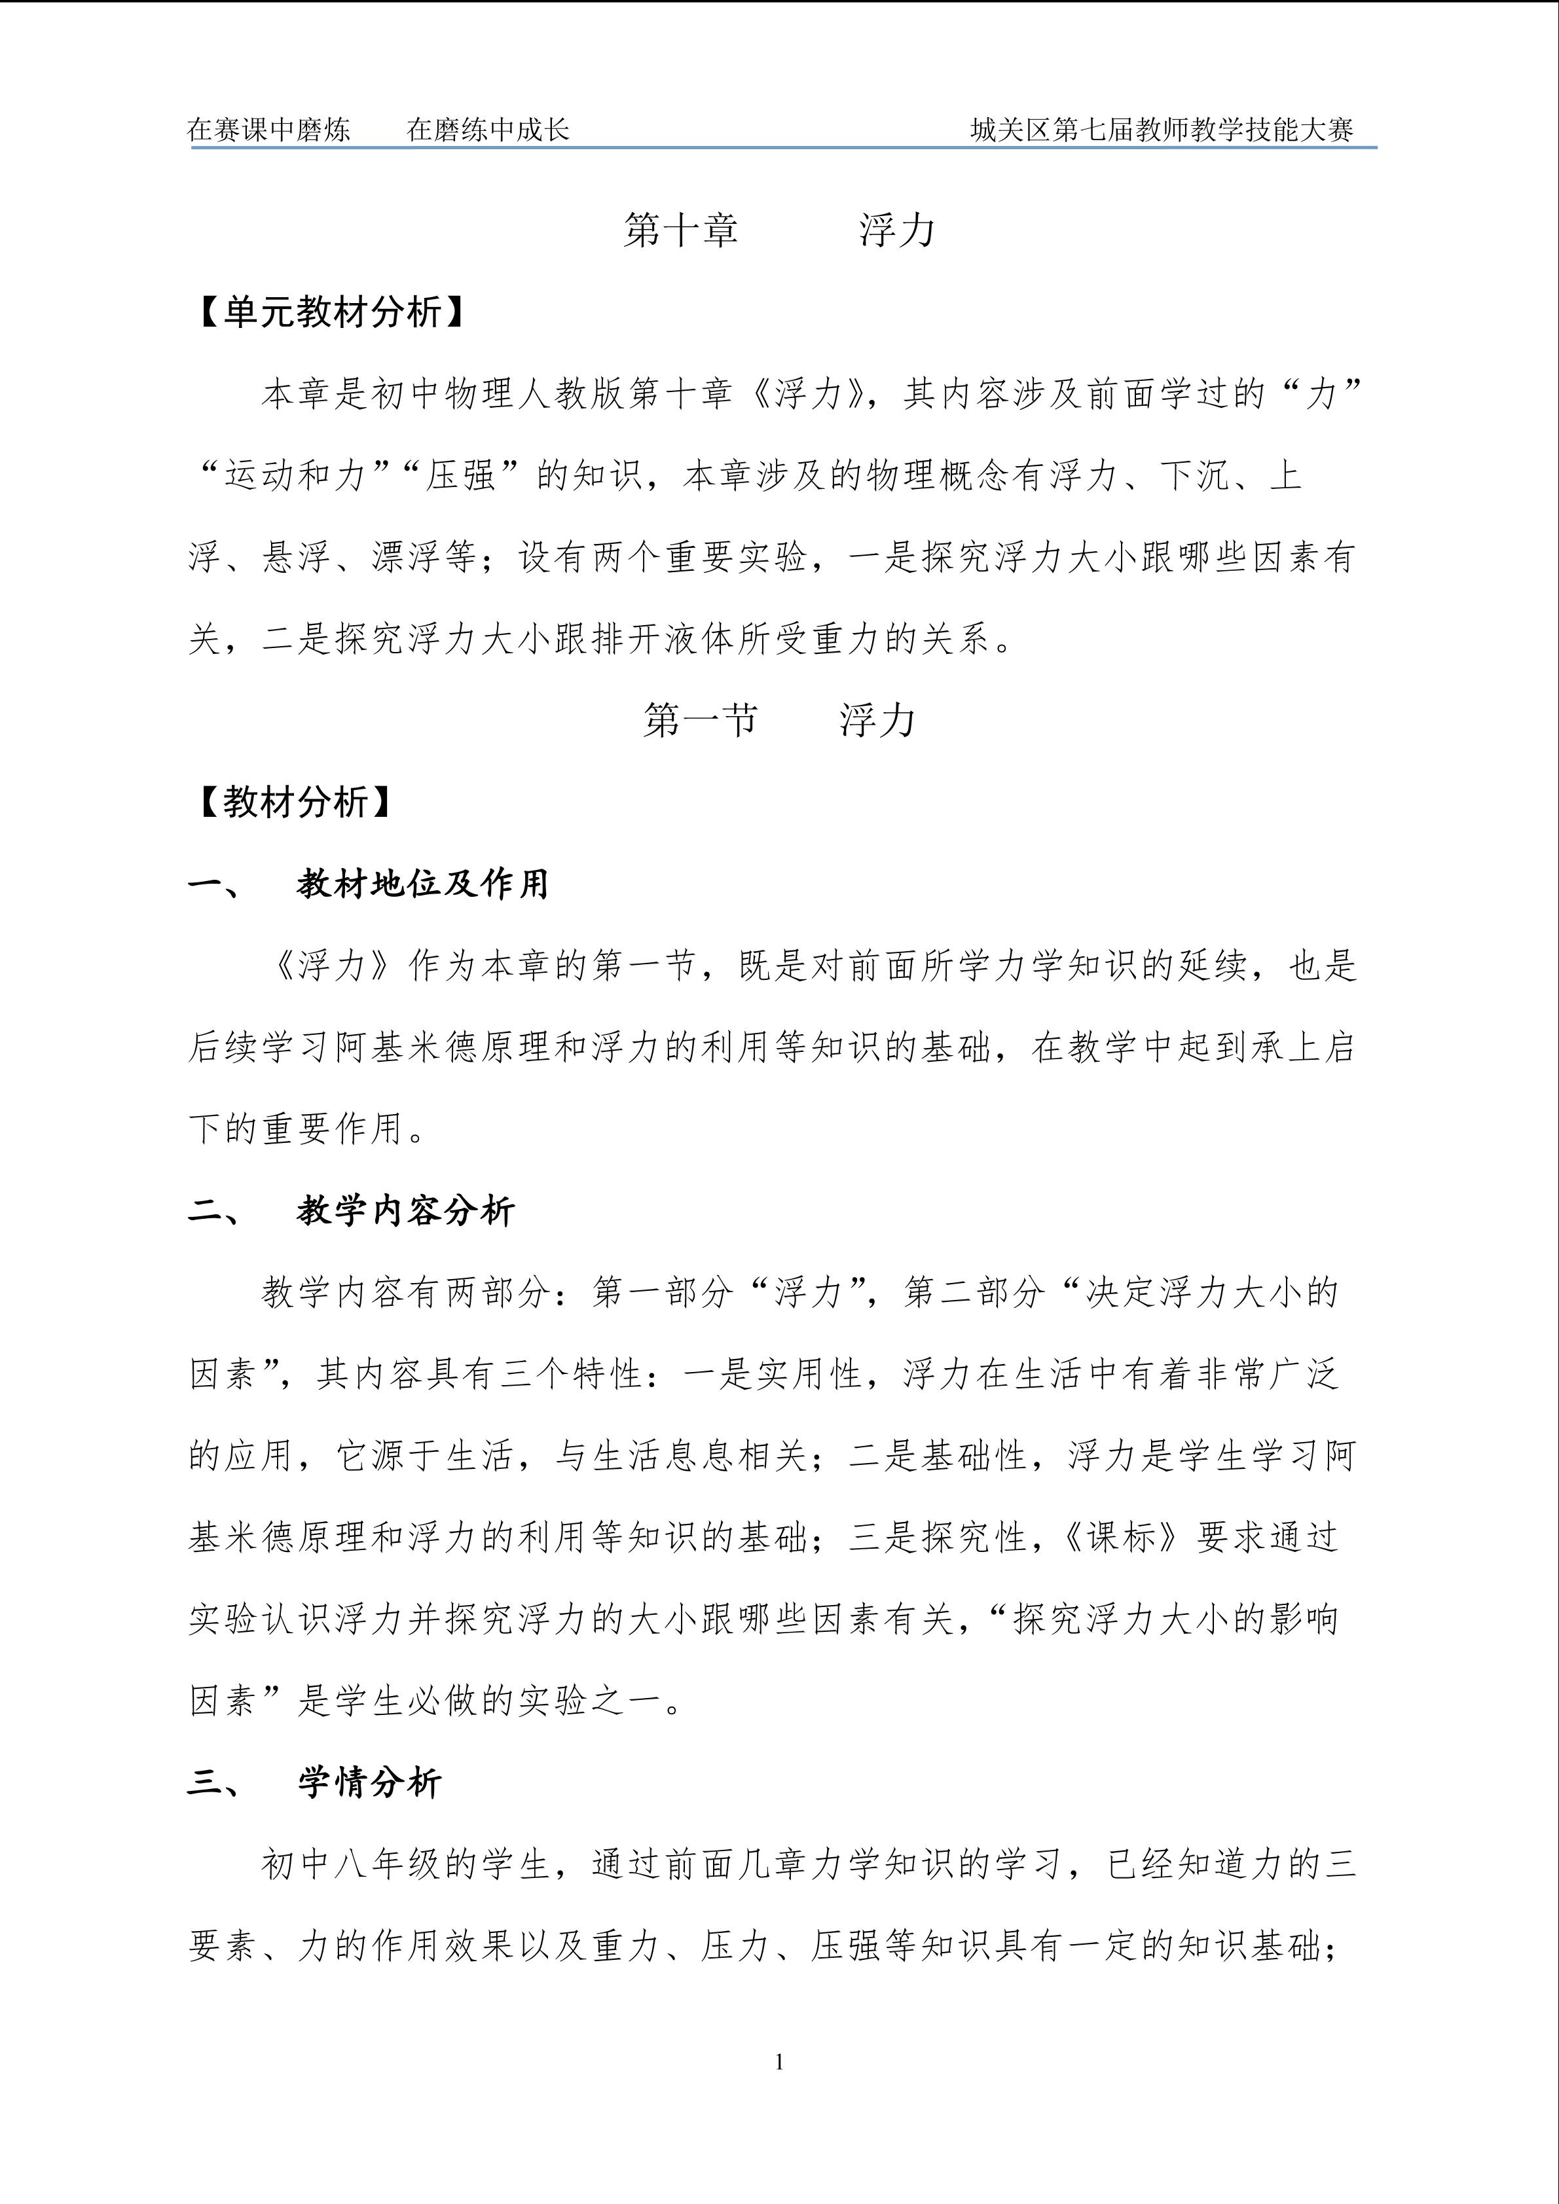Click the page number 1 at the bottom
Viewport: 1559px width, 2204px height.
click(x=779, y=2061)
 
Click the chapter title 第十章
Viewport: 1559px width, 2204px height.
click(x=680, y=230)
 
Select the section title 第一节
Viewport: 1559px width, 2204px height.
click(x=700, y=720)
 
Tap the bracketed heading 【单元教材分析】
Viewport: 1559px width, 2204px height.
click(x=332, y=312)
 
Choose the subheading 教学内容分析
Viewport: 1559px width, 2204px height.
click(x=406, y=1212)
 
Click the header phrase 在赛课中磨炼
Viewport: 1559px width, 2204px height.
click(x=269, y=130)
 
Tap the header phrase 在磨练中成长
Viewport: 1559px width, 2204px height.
click(x=488, y=130)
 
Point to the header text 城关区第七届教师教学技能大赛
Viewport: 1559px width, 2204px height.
click(x=1162, y=130)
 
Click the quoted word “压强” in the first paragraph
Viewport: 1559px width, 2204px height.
click(x=461, y=476)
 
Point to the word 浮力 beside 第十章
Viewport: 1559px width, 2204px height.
click(x=896, y=230)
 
